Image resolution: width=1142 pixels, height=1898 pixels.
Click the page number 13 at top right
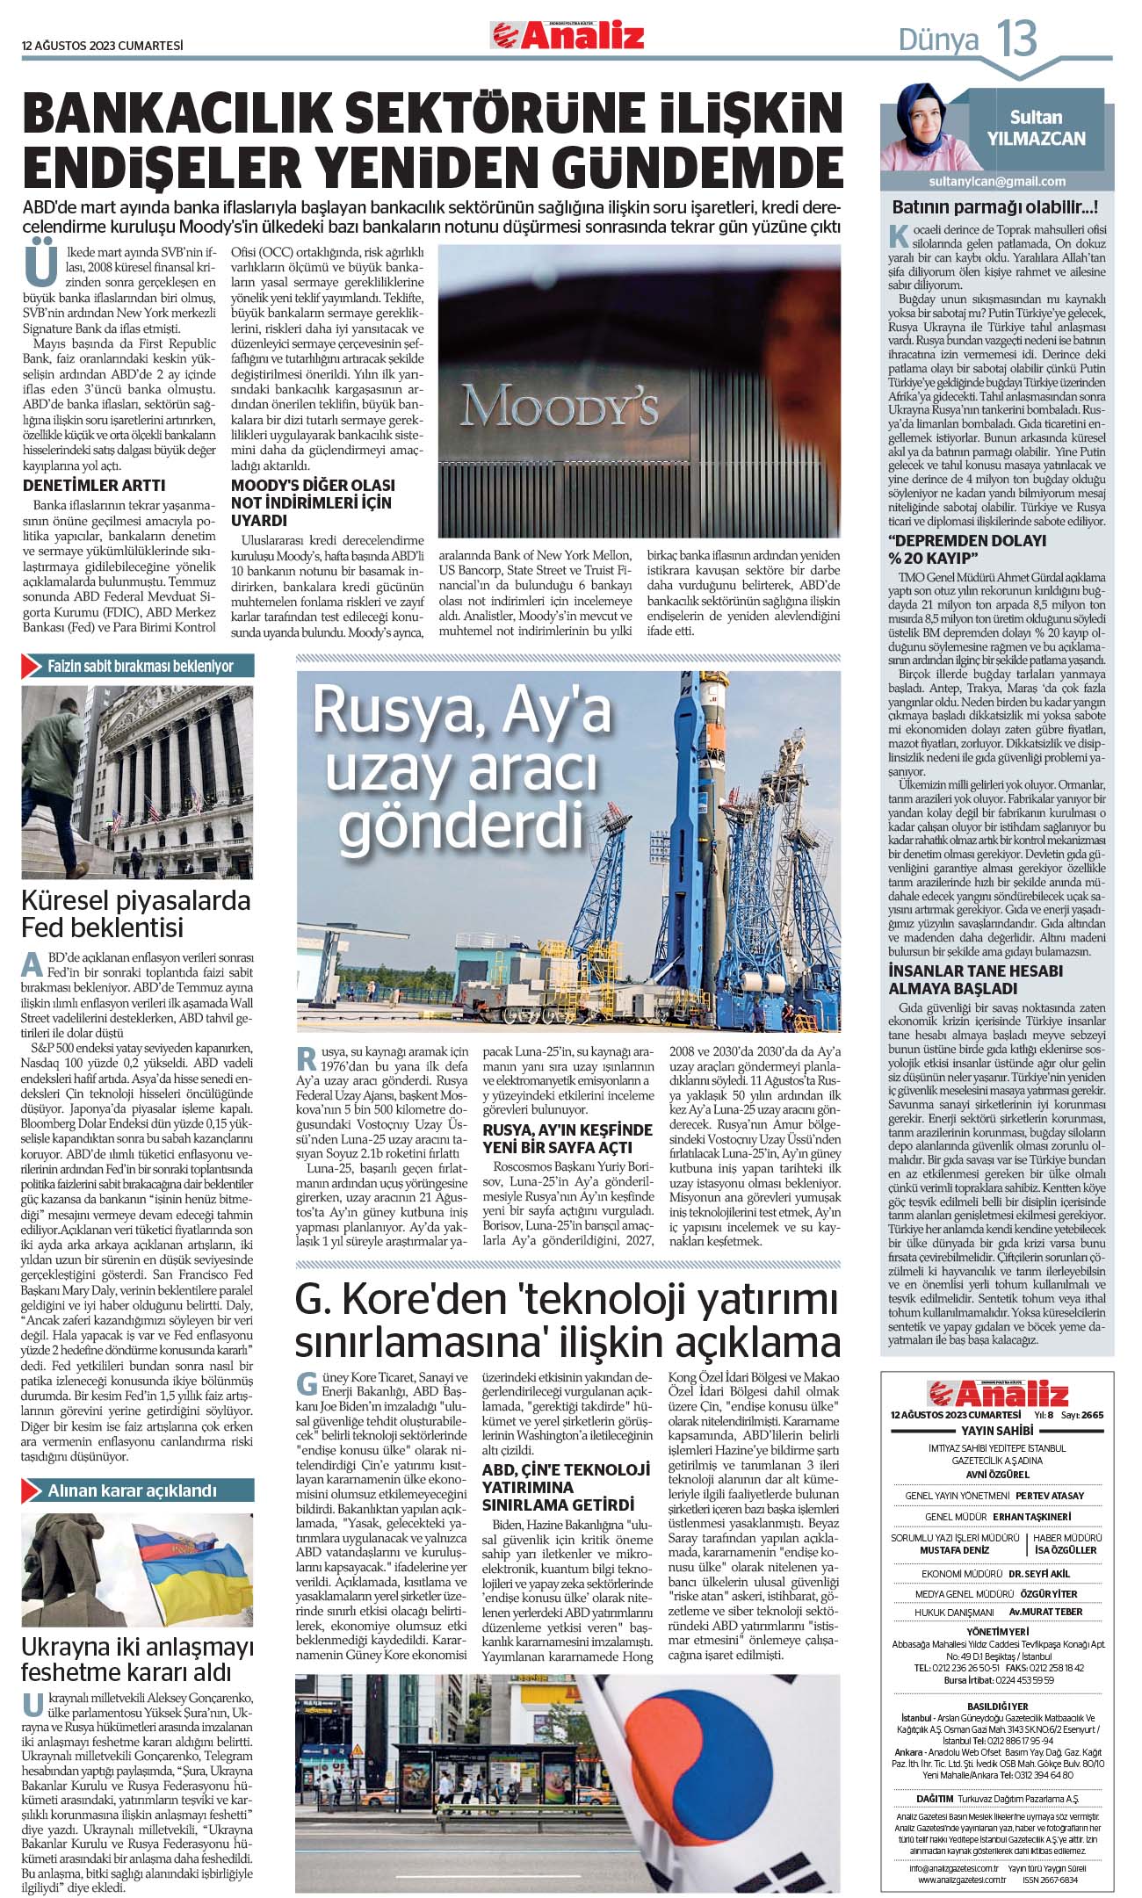1016,39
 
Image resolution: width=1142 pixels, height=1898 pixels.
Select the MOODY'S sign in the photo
560,407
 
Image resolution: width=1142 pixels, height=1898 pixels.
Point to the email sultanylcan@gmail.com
997,181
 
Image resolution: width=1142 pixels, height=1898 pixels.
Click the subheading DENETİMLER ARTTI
94,486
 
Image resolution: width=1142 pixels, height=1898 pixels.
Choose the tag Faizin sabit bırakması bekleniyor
140,666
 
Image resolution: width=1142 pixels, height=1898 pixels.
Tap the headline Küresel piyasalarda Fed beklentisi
136,913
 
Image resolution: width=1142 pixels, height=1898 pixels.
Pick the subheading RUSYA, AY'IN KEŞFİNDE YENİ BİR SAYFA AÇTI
567,1138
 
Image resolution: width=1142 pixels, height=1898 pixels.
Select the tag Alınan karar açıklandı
132,1490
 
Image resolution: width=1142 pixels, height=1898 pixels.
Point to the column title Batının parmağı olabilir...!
994,208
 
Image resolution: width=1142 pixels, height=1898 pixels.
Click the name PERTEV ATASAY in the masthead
1050,1496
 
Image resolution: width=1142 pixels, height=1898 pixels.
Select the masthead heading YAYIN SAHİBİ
996,1431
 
